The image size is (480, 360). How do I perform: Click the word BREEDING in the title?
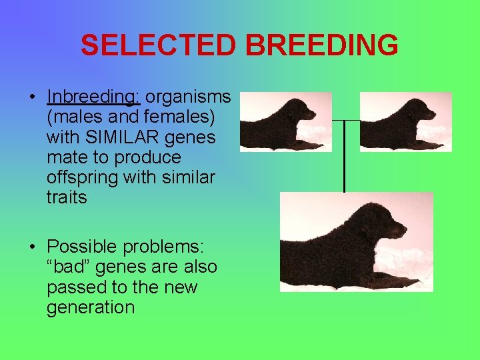tap(322, 45)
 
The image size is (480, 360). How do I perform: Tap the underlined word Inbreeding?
tap(93, 97)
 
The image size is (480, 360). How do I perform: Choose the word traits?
tap(67, 197)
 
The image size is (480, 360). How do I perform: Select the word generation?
tap(91, 307)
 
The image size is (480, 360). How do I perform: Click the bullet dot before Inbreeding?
tap(33, 98)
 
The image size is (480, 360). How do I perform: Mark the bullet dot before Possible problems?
tap(33, 247)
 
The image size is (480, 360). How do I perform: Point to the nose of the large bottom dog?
tap(404, 231)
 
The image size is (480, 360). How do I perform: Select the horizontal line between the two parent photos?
tap(345, 121)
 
